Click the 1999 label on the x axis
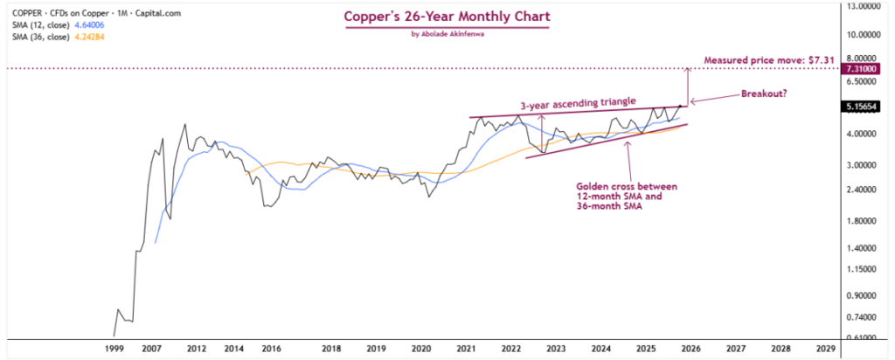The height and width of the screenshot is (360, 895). [114, 348]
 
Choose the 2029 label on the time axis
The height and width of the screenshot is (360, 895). [824, 348]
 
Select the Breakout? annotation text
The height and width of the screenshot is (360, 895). [768, 93]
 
